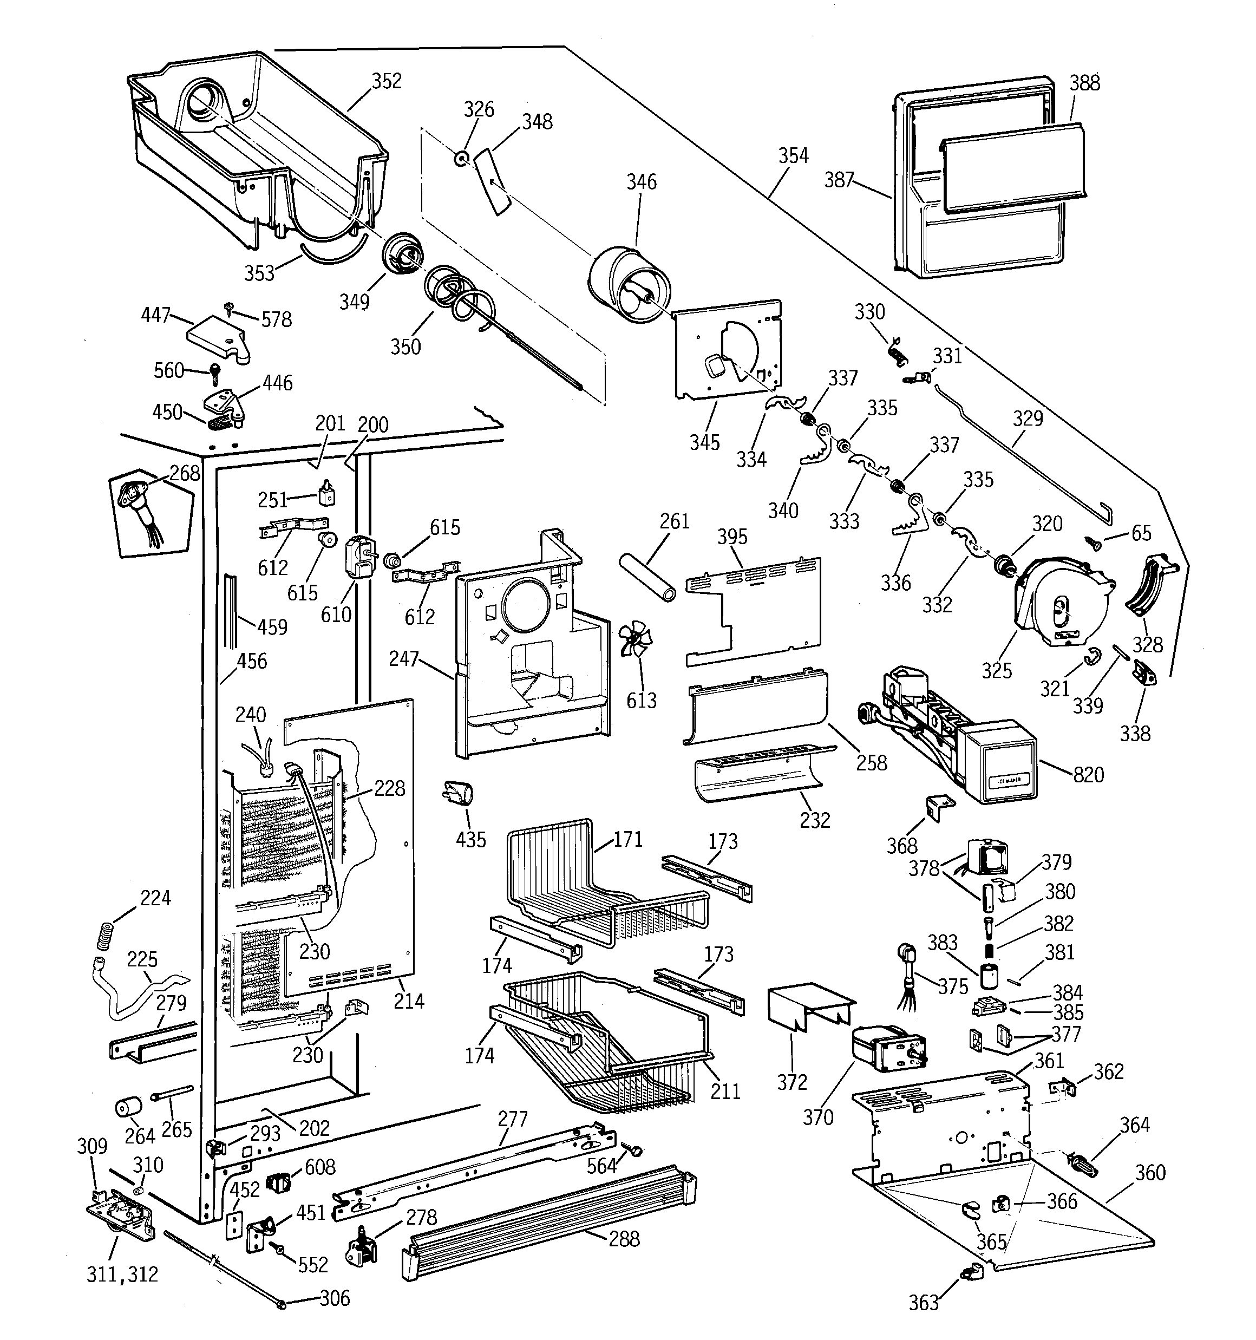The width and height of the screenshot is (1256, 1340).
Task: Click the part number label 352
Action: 387,81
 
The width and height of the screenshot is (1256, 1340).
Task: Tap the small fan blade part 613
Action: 636,639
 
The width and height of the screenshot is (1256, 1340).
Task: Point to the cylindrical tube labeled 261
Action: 647,577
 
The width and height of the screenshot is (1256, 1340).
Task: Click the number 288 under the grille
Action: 624,1239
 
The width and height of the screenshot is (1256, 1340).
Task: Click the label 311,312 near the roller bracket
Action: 123,1274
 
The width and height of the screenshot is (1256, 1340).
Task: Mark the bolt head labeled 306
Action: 283,1304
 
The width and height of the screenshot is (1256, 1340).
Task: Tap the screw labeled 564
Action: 634,1151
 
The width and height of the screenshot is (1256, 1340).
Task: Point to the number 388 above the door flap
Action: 1084,83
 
